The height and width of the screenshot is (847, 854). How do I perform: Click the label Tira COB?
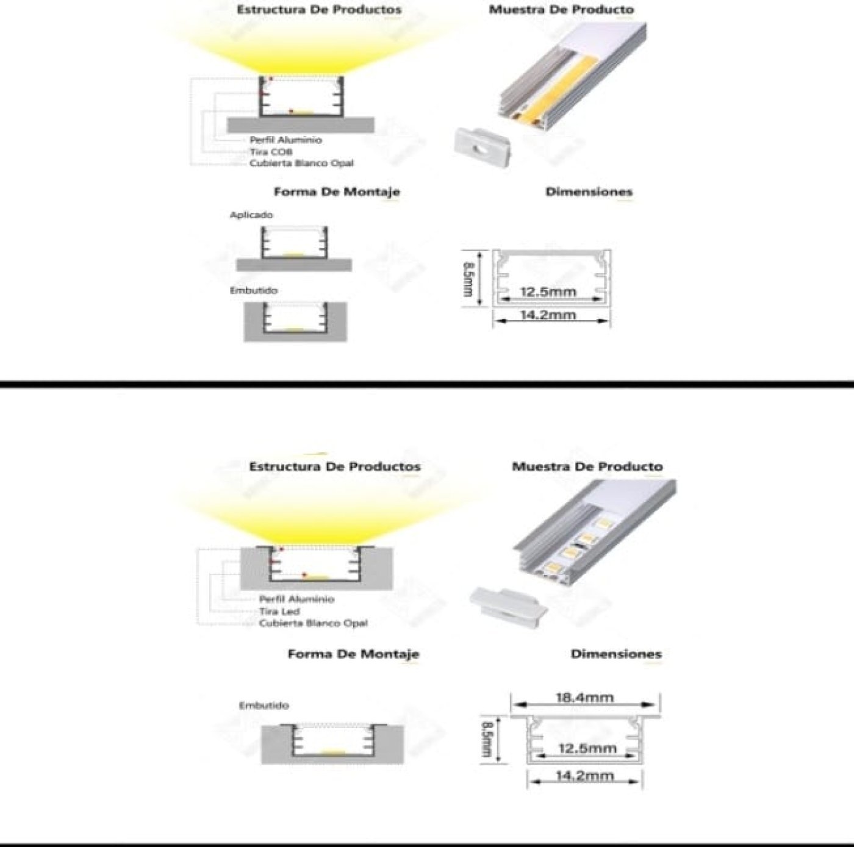[x=270, y=152]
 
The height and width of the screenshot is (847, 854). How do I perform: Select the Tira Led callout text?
[x=279, y=612]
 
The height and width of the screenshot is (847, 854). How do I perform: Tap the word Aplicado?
[x=251, y=215]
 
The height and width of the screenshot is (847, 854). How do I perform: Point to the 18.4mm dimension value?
[x=584, y=698]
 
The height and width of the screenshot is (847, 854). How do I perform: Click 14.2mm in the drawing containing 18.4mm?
[x=584, y=776]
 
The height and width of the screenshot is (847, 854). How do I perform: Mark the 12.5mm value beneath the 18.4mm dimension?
[x=587, y=748]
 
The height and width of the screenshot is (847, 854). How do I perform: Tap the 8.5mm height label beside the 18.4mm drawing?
[x=487, y=739]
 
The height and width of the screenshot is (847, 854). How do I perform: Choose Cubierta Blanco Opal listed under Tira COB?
[x=301, y=163]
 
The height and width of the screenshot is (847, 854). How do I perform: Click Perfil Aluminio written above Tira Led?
[x=296, y=599]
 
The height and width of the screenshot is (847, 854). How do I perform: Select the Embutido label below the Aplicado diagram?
[x=253, y=291]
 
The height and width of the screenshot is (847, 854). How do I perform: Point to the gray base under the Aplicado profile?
[x=294, y=265]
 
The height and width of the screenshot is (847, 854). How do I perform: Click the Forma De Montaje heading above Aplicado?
[x=337, y=192]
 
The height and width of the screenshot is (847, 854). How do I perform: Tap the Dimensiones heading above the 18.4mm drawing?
[x=615, y=654]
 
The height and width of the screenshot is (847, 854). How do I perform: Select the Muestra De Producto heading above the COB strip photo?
[x=561, y=10]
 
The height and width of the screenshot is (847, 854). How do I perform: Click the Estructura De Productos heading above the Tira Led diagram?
[x=334, y=467]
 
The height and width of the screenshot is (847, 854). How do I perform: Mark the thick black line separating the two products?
[x=427, y=384]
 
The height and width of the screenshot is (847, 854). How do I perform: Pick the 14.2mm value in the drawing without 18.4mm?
[x=548, y=315]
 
